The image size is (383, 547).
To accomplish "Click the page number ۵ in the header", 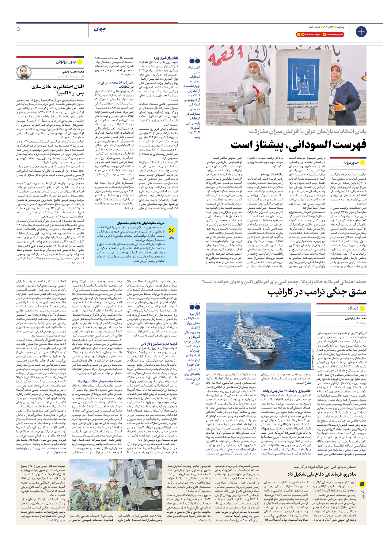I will (x=18, y=29).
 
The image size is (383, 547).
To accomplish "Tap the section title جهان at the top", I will (x=100, y=29).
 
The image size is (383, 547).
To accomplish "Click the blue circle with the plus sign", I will (x=361, y=32).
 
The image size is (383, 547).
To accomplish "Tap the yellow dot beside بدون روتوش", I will (x=80, y=62).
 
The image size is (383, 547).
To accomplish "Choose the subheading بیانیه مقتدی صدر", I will (x=272, y=174).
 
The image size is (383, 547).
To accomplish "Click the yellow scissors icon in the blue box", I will (x=171, y=230).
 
